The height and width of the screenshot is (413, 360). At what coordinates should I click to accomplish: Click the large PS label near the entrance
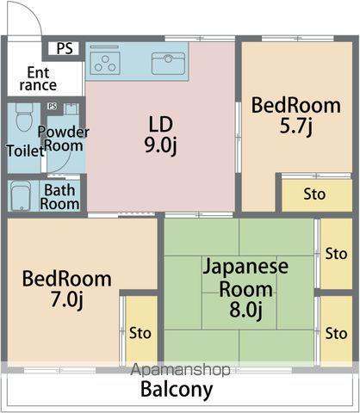coord(65,48)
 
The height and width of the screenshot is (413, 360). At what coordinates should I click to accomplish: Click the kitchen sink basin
coord(168,64)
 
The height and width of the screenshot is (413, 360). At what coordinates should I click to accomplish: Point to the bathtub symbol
coord(21,196)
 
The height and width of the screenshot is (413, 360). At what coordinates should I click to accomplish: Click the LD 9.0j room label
coord(161,135)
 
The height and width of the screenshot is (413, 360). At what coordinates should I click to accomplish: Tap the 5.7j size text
coord(295,126)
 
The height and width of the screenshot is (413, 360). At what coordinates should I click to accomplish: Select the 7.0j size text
coord(67,299)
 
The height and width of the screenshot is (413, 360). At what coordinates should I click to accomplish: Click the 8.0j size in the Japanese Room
coord(245,310)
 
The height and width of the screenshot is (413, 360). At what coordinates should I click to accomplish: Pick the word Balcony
coord(177,390)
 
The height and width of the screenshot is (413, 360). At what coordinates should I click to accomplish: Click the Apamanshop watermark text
coord(181,370)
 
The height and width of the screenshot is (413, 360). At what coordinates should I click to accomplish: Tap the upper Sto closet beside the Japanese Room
coord(336,254)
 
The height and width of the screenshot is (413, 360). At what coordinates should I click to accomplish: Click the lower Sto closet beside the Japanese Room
coord(336,334)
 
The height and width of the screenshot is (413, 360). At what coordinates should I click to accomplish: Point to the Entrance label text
coord(38,79)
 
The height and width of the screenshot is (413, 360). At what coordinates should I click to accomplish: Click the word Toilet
coord(25,151)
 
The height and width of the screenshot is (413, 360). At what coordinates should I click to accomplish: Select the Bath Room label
coord(59,197)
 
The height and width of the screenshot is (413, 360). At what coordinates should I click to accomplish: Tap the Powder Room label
coord(64,139)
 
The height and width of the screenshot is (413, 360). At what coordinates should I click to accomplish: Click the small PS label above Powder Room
coord(53,107)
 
